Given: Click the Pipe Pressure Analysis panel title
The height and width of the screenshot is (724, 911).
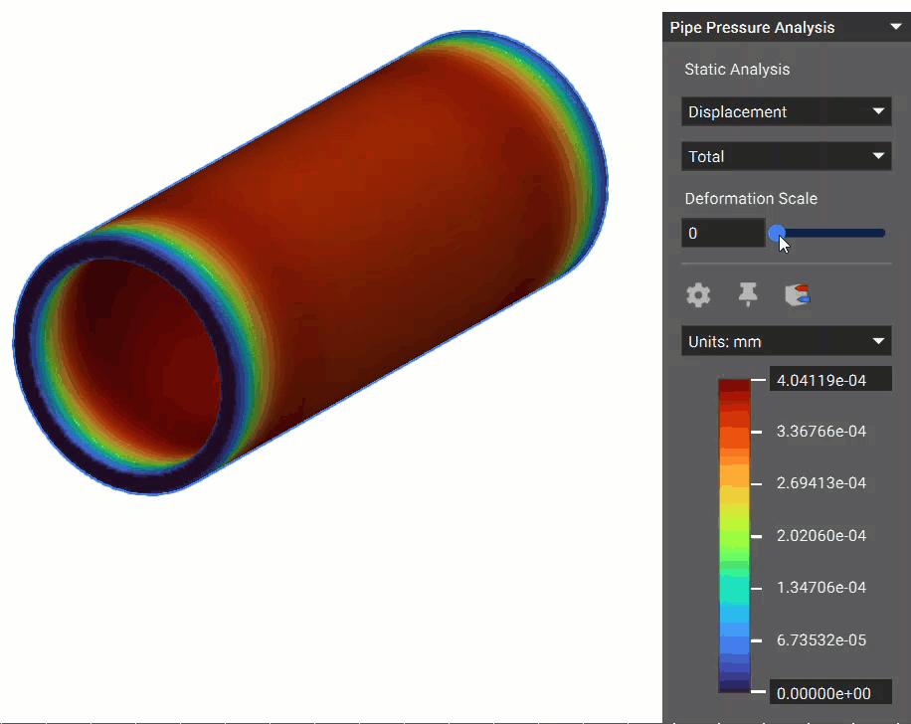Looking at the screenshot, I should click(x=752, y=28).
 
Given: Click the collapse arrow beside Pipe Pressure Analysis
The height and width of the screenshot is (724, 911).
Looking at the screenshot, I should click(x=896, y=28).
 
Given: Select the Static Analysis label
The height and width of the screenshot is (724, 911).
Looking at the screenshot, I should click(x=737, y=70).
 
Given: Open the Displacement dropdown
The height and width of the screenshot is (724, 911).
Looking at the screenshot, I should click(x=786, y=111).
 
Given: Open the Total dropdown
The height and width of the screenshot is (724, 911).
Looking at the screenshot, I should click(x=786, y=156).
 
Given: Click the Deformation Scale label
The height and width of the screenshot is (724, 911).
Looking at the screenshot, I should click(x=751, y=199).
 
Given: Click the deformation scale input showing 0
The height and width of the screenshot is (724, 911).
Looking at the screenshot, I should click(x=723, y=234).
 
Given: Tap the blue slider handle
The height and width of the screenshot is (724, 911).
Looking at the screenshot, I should click(x=777, y=233).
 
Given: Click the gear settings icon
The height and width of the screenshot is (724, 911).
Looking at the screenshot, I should click(x=699, y=294).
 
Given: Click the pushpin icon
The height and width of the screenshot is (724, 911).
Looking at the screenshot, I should click(x=748, y=294).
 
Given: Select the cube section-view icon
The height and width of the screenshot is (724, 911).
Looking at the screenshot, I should click(x=798, y=294).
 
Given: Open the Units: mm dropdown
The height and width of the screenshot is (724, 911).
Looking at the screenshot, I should click(x=786, y=341).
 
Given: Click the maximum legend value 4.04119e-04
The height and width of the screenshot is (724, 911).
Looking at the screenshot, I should click(x=829, y=379).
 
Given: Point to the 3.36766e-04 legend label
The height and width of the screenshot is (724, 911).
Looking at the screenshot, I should click(x=821, y=432).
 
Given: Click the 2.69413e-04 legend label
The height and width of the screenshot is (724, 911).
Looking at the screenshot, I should click(x=821, y=483).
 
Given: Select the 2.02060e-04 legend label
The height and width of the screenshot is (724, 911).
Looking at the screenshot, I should click(x=821, y=536).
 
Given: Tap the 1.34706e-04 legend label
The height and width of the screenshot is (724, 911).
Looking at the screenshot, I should click(x=821, y=588).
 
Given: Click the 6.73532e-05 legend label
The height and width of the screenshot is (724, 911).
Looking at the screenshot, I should click(x=821, y=640).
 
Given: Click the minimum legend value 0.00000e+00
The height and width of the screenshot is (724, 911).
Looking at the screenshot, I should click(x=829, y=692).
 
